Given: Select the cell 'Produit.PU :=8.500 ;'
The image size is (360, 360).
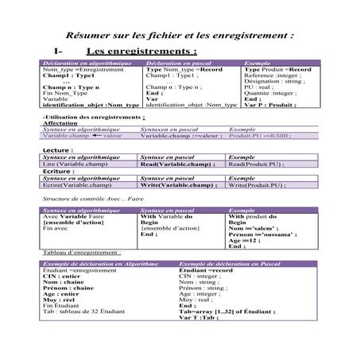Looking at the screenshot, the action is point(259,136).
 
